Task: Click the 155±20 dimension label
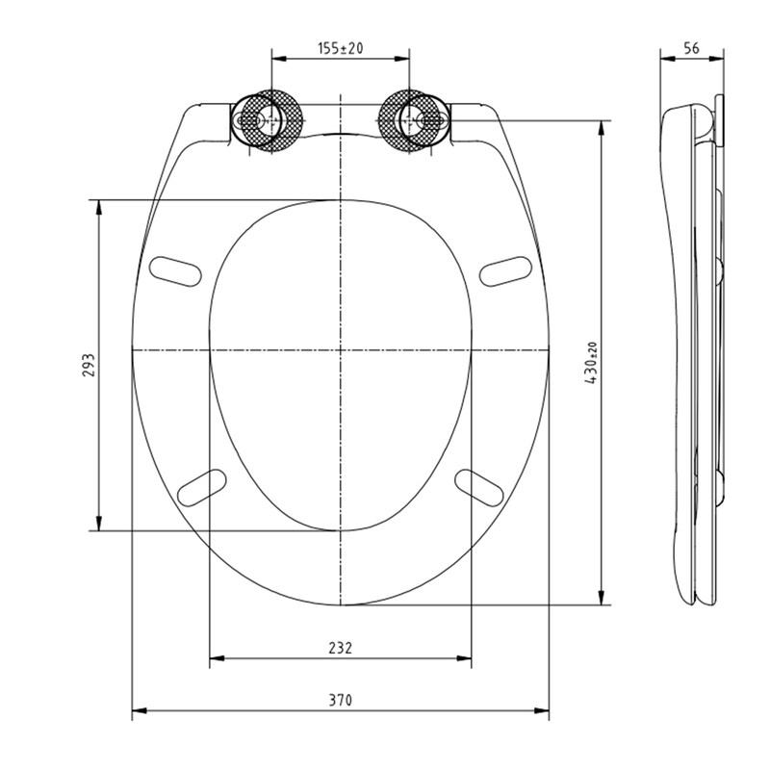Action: click(341, 48)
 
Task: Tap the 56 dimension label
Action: click(691, 48)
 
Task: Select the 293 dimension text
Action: click(89, 365)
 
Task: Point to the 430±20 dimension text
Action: click(591, 363)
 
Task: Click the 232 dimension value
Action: click(341, 648)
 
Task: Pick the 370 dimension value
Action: click(341, 700)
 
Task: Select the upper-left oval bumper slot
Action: click(175, 271)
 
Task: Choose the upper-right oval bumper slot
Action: click(505, 271)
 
